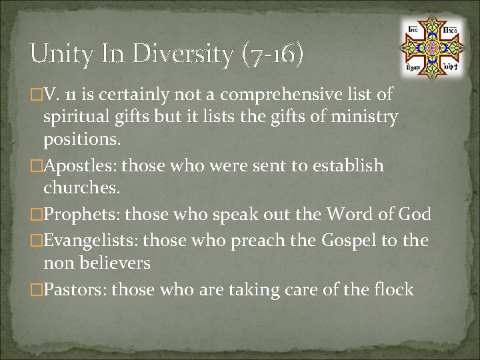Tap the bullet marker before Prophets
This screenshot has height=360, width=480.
click(x=37, y=215)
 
